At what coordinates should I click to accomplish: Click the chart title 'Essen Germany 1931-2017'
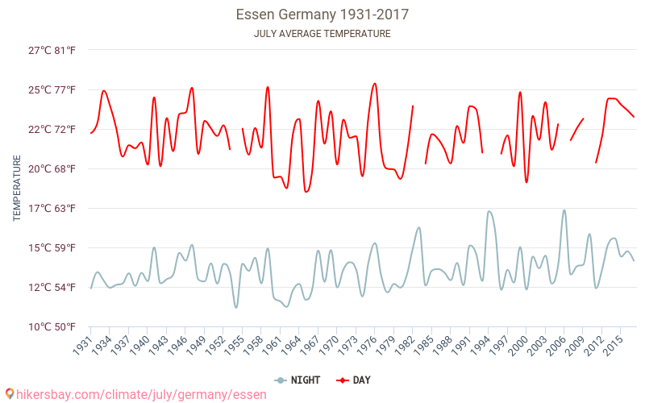coord(322,15)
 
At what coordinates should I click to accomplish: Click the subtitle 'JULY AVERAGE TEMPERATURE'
coord(322,34)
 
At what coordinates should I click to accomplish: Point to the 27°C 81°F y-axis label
coord(52,50)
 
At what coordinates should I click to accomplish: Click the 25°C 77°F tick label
coord(52,89)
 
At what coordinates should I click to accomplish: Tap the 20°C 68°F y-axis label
coord(52,168)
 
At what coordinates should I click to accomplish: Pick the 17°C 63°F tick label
coord(52,208)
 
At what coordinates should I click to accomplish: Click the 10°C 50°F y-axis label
coord(52,326)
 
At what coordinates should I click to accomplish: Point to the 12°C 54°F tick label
coord(52,287)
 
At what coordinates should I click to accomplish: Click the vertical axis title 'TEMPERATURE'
coord(17,188)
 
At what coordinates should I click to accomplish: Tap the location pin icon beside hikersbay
coord(9,394)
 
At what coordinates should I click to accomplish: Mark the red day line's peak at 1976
coord(375,83)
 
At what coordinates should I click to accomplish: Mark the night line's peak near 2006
coord(564,210)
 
